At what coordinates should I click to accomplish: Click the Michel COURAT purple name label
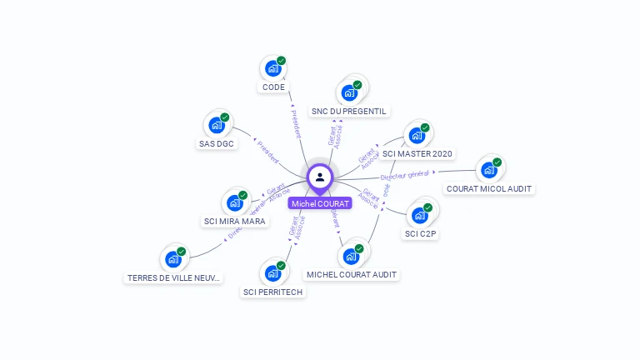click(320, 203)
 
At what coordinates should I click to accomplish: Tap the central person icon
click(320, 177)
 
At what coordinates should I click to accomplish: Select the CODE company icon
click(272, 68)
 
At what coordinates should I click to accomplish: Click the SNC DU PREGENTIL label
click(350, 111)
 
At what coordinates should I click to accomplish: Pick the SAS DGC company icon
click(217, 125)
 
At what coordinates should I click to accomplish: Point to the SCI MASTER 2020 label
click(417, 153)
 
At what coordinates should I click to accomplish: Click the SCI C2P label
click(421, 234)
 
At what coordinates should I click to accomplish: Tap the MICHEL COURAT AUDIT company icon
click(351, 256)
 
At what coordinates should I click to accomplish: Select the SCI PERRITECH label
click(273, 292)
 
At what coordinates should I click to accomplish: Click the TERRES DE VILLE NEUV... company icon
click(173, 259)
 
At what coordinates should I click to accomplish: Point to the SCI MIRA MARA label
click(235, 222)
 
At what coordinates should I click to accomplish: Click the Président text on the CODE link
click(295, 122)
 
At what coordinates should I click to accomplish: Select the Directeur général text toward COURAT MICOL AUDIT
click(405, 175)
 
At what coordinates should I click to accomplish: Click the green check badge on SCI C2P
click(427, 207)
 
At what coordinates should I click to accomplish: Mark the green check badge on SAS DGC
click(224, 117)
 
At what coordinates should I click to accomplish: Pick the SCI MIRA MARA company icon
click(234, 202)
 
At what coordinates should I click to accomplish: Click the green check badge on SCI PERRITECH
click(281, 265)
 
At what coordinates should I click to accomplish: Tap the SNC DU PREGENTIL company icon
click(350, 92)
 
